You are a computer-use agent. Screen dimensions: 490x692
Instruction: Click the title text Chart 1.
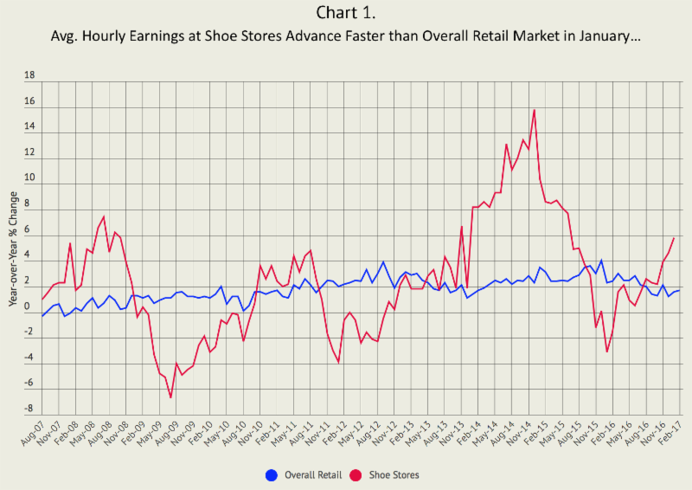click(345, 14)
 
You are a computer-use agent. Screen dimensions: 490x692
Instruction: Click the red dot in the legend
click(354, 475)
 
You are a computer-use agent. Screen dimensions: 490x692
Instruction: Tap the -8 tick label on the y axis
click(29, 409)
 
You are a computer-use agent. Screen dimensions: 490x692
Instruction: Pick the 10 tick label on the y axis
click(29, 178)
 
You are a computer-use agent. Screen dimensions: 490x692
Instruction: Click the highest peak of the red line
click(535, 110)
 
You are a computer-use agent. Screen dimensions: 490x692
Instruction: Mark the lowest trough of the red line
click(171, 397)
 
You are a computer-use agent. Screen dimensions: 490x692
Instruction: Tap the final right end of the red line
click(674, 238)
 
